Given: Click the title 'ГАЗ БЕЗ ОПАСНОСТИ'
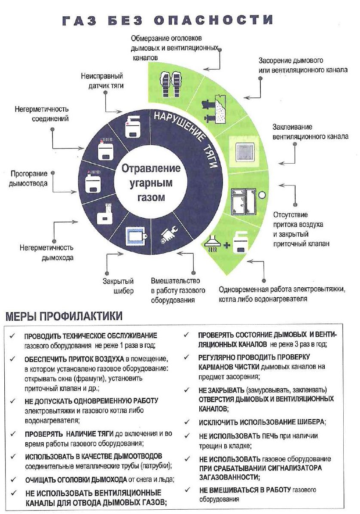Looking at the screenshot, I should pyautogui.click(x=168, y=20).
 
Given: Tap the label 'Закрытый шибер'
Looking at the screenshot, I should pyautogui.click(x=118, y=286).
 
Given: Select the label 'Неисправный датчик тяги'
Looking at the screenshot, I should pyautogui.click(x=102, y=81).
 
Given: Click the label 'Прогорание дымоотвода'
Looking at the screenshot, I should pyautogui.click(x=29, y=179).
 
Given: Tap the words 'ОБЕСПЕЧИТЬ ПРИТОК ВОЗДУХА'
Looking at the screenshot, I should pyautogui.click(x=75, y=358).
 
